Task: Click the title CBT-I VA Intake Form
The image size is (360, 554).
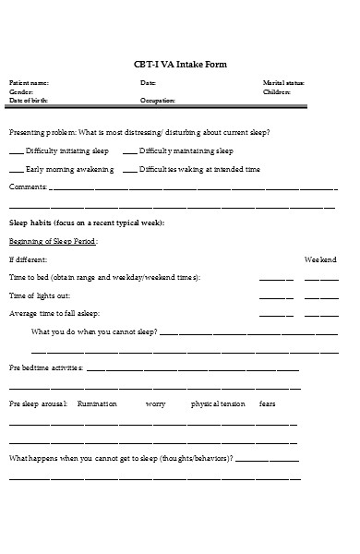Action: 179,64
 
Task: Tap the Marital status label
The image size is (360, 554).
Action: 283,83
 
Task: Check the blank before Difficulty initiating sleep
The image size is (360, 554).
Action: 17,151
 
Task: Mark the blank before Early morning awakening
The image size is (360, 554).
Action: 17,170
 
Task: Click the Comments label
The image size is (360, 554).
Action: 27,188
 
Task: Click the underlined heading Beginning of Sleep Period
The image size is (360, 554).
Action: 53,242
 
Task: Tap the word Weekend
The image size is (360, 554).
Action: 321,259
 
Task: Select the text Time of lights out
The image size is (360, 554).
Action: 40,295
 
